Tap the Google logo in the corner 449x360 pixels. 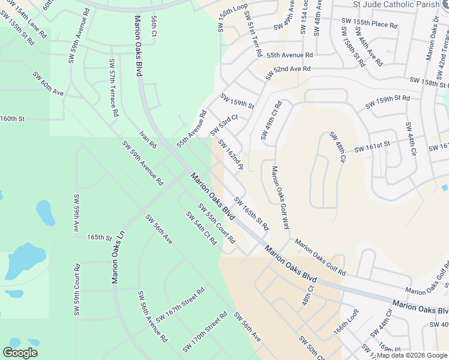[x=20, y=353]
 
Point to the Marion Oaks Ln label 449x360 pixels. [x=115, y=256]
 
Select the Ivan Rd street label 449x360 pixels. [x=148, y=140]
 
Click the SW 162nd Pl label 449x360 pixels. [x=231, y=154]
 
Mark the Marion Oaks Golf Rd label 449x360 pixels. [x=320, y=258]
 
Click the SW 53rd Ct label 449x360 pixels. [x=224, y=125]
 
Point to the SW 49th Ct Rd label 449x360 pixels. [x=271, y=121]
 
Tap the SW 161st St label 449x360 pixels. [x=372, y=145]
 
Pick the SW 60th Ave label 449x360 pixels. [x=49, y=85]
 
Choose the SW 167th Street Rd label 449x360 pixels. [x=180, y=304]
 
